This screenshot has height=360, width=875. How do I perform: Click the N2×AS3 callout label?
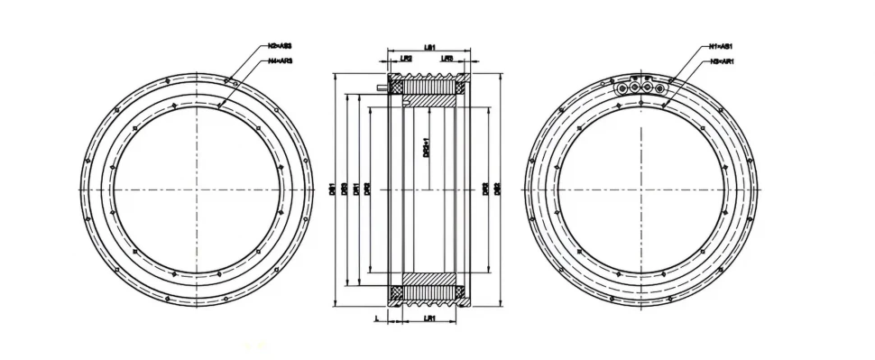click(280, 46)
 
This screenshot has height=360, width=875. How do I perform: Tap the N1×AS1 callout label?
click(721, 46)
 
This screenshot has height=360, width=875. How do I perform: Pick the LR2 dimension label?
click(406, 60)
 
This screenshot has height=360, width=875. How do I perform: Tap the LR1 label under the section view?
click(429, 318)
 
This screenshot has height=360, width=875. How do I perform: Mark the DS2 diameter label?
click(498, 189)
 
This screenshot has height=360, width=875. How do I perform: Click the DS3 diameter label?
click(345, 189)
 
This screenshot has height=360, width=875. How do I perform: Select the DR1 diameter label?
click(356, 189)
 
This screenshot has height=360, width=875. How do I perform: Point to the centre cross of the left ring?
click(196, 190)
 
